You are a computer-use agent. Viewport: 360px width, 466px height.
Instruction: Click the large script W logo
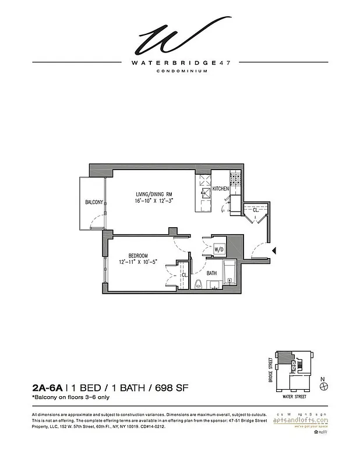178,36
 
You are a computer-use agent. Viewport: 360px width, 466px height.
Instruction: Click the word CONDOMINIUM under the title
180,72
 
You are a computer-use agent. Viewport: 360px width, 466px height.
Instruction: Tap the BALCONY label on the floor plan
94,202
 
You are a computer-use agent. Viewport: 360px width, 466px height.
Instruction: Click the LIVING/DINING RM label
155,194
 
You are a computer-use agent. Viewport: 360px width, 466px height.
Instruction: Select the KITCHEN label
221,189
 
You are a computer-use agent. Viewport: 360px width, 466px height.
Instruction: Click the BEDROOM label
138,256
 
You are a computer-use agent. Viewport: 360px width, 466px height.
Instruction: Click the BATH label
211,273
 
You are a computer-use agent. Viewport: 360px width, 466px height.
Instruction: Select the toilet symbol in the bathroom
199,284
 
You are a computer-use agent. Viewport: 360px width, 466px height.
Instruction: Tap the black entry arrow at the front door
275,250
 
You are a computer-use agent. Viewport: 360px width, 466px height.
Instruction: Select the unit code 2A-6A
47,387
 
